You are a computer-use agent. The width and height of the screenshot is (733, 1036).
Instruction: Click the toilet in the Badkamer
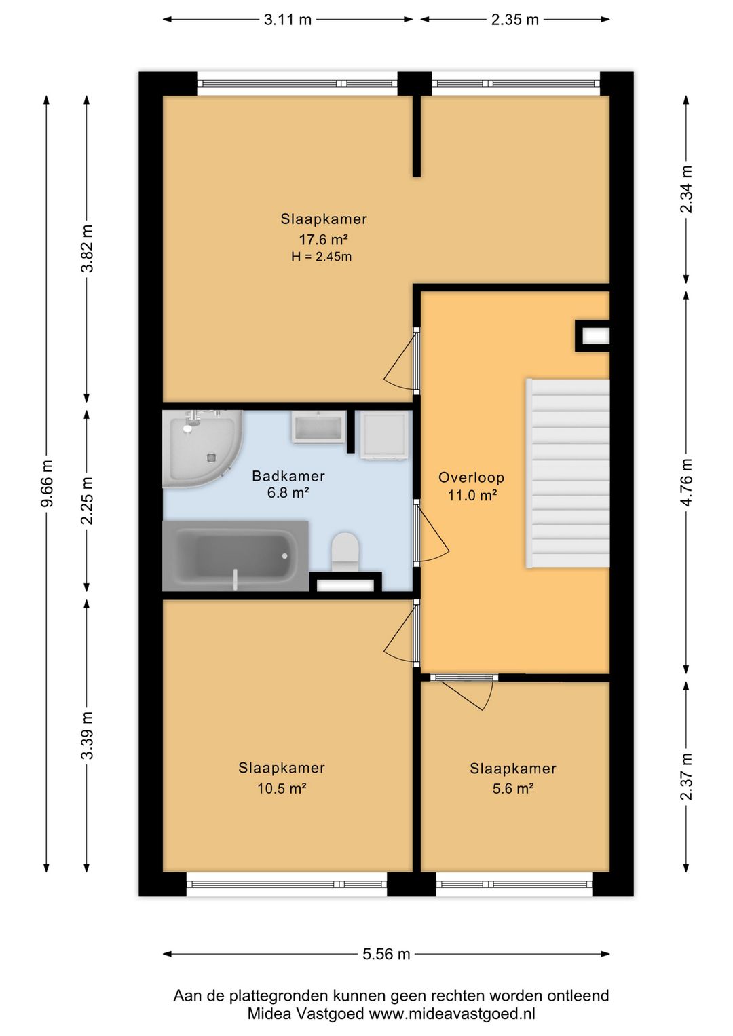345,551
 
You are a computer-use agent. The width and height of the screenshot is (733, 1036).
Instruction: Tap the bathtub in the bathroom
236,556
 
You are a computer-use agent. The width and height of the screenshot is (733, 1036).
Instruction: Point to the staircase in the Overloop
567,473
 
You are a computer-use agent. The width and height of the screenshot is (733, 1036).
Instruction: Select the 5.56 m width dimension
386,954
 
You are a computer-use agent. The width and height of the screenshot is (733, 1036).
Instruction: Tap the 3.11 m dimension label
288,20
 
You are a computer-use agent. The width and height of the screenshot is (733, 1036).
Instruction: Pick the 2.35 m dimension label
514,20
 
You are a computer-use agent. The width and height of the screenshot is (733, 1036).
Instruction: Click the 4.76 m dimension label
686,482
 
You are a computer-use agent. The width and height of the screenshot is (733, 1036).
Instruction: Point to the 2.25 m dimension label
86,500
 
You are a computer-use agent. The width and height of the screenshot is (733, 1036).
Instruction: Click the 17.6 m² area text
323,239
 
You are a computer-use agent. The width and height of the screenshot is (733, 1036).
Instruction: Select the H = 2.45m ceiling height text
322,257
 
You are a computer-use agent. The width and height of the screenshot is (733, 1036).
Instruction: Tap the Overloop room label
471,477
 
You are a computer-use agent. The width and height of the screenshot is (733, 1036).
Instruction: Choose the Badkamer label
288,475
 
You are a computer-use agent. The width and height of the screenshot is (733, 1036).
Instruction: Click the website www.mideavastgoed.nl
452,1014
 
